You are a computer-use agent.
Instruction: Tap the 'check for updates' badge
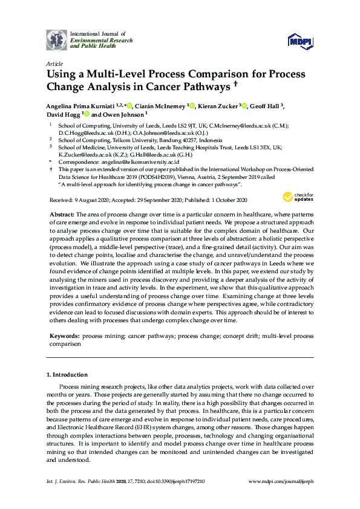(x=296, y=197)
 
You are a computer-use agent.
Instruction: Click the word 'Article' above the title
(x=53, y=63)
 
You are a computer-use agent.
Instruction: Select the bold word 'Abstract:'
(x=64, y=215)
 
